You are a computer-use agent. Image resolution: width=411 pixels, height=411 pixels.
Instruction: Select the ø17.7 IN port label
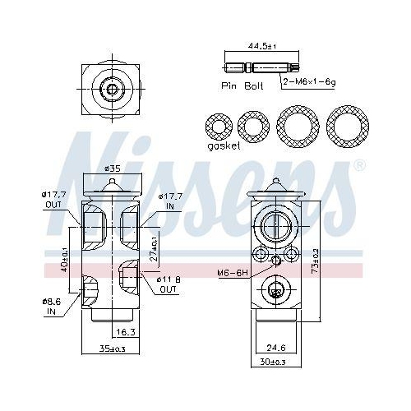(x=170, y=201)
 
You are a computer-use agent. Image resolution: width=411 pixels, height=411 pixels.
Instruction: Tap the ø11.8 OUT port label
(x=169, y=284)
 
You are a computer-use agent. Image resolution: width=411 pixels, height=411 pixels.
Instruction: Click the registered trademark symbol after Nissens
(x=358, y=165)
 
